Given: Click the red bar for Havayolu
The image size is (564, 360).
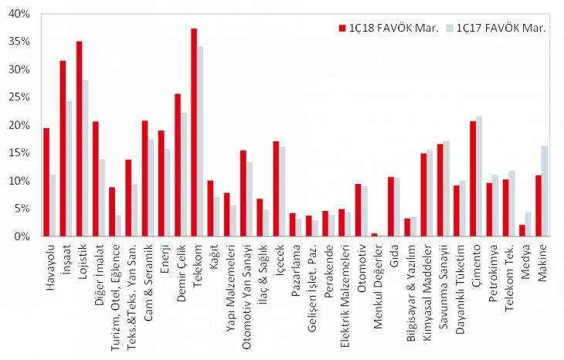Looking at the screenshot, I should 46,182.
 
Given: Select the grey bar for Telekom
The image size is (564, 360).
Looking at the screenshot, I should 201,141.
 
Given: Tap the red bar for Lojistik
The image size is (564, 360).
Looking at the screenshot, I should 79,138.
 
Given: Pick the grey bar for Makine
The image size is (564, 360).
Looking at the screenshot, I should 545,190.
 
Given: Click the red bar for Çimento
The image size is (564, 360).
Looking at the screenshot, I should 472,178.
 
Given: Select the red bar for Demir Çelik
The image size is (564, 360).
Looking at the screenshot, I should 178,164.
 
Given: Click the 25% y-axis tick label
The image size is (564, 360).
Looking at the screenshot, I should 19,97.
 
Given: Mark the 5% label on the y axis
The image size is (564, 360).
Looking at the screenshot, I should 22,209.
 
